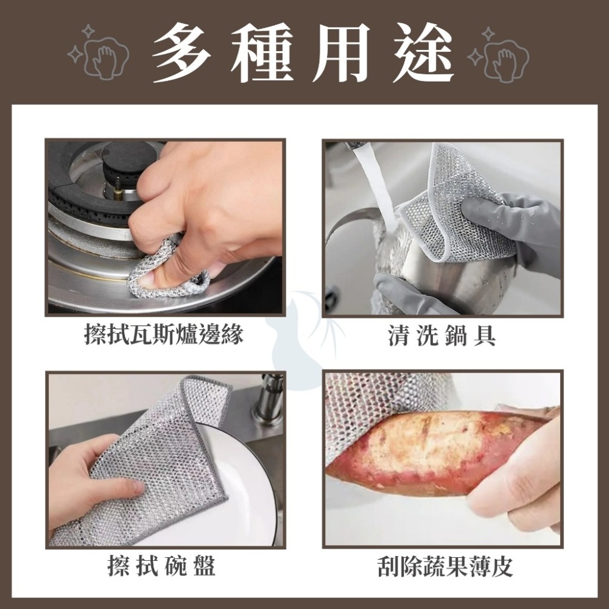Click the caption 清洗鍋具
pyautogui.click(x=442, y=334)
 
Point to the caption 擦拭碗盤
pyautogui.click(x=161, y=567)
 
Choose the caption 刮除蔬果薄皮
pyautogui.click(x=445, y=567)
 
